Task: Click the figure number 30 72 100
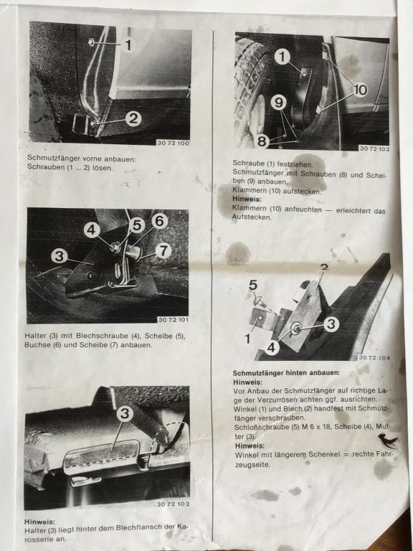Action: coord(173,143)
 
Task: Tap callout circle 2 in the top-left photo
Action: coord(133,119)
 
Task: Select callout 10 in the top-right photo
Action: coord(361,90)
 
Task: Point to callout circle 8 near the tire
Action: coord(262,141)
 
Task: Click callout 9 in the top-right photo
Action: coord(278,103)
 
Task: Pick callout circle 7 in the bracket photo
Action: coord(163,251)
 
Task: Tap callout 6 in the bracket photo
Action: coord(159,222)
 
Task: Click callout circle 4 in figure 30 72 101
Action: coord(92,230)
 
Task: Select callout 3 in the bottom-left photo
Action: coord(125,413)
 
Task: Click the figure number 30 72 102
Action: coord(173,504)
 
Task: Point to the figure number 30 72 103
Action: coord(374,149)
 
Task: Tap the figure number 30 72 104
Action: coord(374,358)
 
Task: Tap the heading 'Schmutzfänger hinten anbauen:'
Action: coord(286,372)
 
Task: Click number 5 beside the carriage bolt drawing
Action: coord(253,286)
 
